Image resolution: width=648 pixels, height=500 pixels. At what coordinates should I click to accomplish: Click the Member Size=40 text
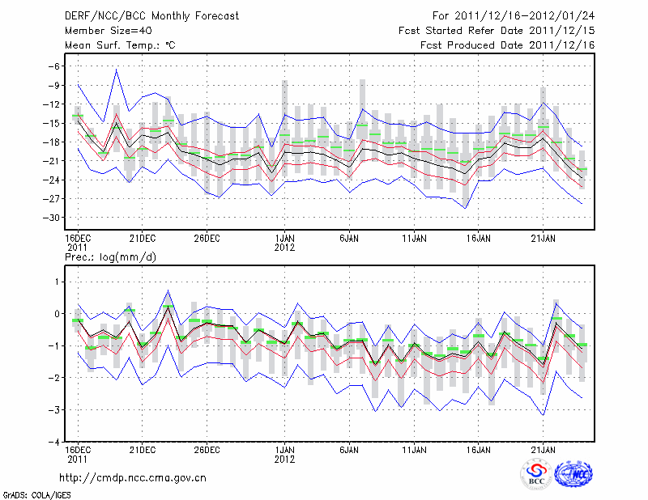[x=102, y=31]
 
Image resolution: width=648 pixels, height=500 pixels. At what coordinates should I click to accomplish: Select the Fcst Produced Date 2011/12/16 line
[x=508, y=45]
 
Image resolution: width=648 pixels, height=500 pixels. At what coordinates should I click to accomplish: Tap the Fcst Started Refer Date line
[x=497, y=31]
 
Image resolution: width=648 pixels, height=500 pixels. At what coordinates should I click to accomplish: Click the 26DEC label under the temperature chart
[x=207, y=238]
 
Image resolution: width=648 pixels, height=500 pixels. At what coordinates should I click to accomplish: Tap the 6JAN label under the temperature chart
[x=349, y=238]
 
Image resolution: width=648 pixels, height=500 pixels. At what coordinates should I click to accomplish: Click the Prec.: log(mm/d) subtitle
[x=109, y=256]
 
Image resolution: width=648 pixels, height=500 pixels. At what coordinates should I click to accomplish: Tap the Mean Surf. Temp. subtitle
[x=120, y=45]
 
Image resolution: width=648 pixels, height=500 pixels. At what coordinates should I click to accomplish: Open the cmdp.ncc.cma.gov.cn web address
[x=133, y=477]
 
